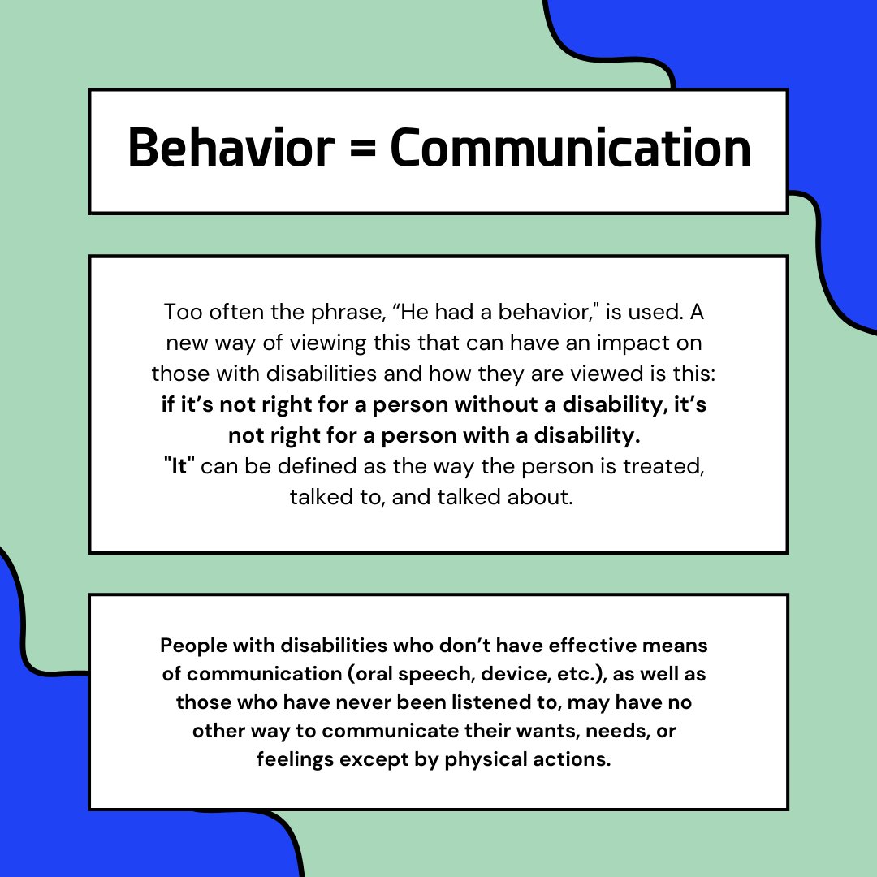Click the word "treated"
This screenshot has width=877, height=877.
tap(666, 466)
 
